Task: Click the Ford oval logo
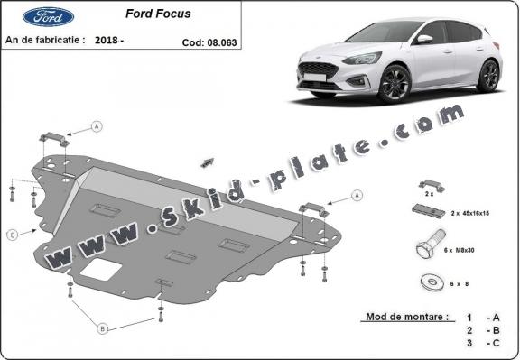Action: pyautogui.click(x=42, y=16)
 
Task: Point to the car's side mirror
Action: pyautogui.click(x=423, y=39)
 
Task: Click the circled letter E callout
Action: pyautogui.click(x=13, y=235)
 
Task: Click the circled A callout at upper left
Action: pyautogui.click(x=96, y=128)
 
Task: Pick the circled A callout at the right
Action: pyautogui.click(x=357, y=195)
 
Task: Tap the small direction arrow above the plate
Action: pyautogui.click(x=209, y=161)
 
